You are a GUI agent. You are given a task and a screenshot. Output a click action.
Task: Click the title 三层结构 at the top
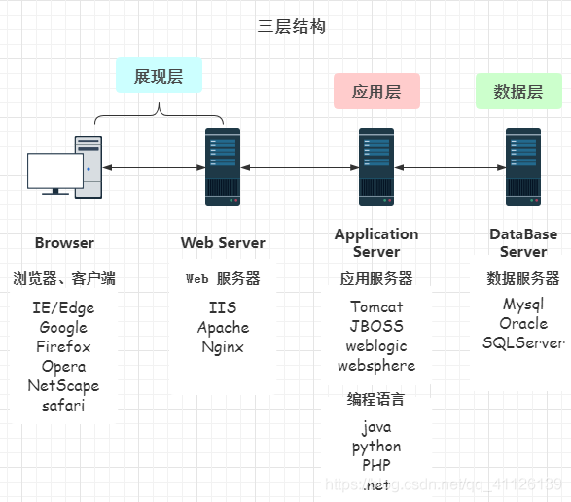pos(291,26)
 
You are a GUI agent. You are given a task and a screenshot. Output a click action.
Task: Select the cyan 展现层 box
pos(160,76)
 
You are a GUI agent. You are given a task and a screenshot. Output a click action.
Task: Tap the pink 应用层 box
pos(376,91)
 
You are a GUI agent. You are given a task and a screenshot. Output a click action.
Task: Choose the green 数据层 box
pos(518,91)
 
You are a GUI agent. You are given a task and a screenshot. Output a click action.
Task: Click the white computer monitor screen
pos(55,170)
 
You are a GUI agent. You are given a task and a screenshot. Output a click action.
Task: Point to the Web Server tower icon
pos(223,167)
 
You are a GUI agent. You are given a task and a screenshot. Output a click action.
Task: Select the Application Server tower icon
pos(376,167)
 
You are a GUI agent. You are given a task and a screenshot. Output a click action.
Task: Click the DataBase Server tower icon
pos(523,167)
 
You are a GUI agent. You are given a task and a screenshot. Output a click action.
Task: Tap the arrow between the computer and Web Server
pos(154,168)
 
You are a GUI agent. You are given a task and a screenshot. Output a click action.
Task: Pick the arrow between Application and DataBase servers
pos(450,168)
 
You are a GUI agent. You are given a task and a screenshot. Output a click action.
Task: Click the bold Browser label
pos(64,243)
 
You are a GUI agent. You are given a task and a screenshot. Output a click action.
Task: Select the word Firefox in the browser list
pos(63,346)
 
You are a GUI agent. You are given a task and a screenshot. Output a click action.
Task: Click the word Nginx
pos(223,347)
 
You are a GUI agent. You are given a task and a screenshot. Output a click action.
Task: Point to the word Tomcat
pos(376,306)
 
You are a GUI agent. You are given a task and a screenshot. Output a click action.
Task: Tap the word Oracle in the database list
pos(523,323)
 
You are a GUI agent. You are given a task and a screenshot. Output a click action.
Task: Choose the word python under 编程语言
pos(376,447)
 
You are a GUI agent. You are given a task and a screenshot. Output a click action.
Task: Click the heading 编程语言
pos(375,399)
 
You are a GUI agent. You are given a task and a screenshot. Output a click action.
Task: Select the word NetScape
pos(63,386)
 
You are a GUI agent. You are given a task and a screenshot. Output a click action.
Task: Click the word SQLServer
pos(523,342)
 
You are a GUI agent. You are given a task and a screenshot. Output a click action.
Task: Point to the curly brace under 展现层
pos(160,114)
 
